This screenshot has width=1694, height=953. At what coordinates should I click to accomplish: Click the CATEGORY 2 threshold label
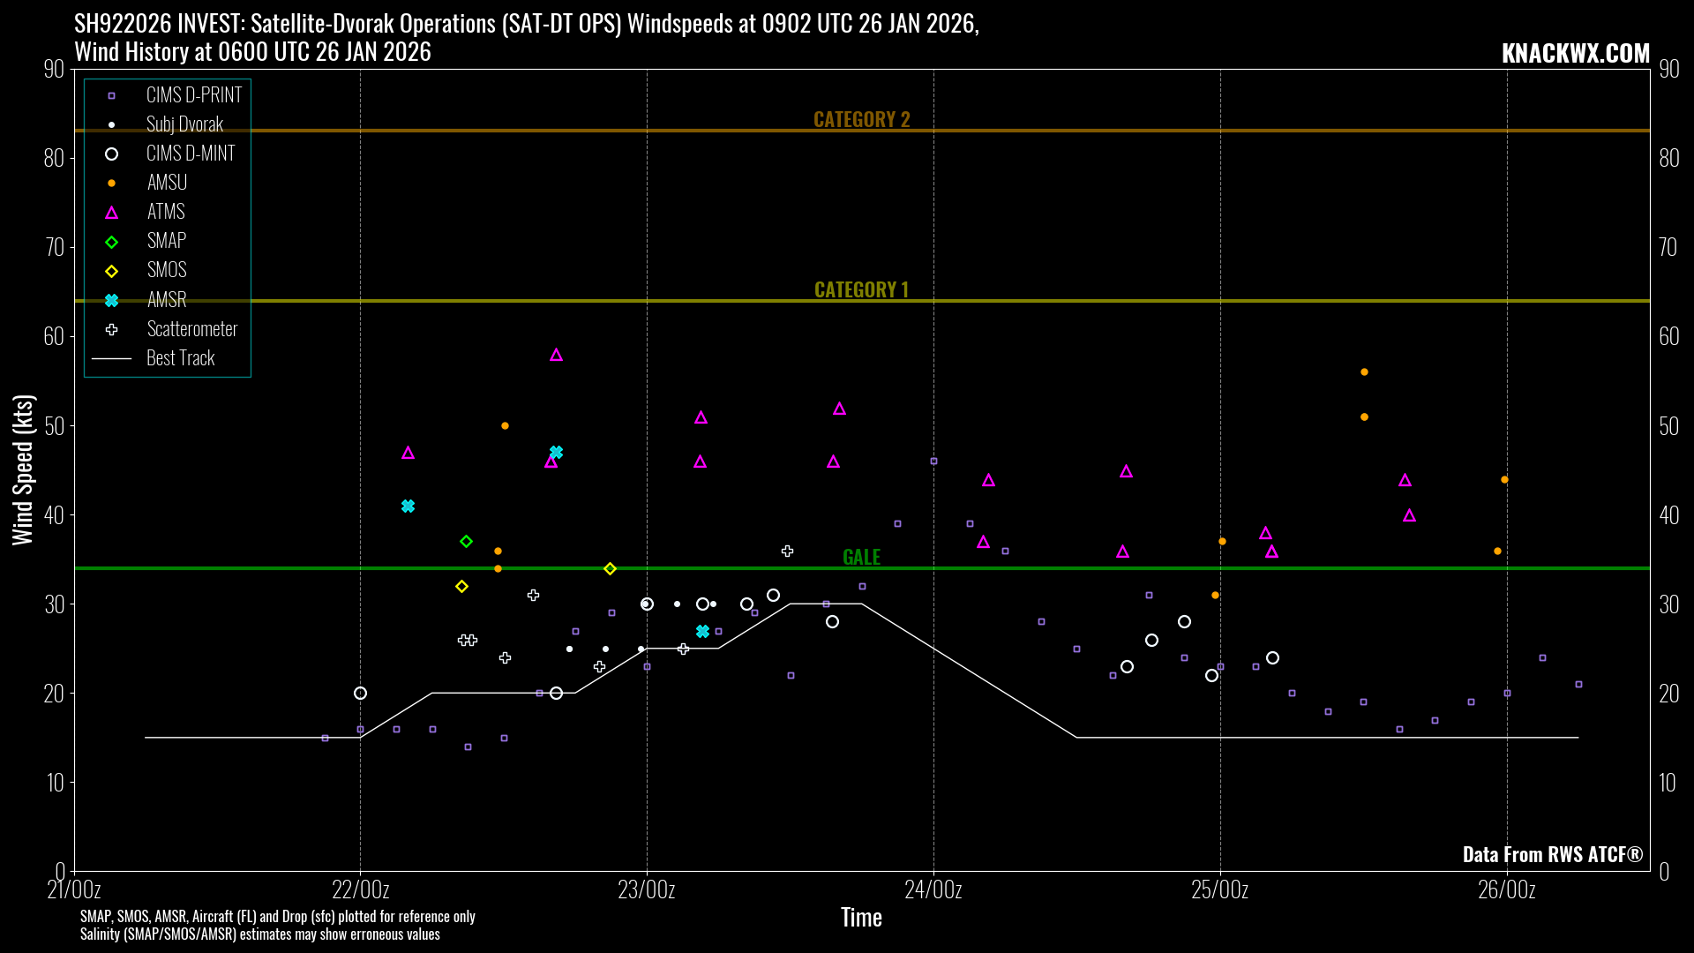point(861,119)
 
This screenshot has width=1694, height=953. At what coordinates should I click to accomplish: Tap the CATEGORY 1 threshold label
point(861,289)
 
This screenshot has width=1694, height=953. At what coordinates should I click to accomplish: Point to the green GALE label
point(861,557)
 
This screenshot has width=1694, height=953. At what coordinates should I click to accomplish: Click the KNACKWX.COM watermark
point(1575,53)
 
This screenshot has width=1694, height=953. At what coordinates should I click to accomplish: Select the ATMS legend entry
point(165,212)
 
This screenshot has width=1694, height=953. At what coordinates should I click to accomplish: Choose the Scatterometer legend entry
point(191,329)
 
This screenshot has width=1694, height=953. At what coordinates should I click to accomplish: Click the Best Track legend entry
point(180,358)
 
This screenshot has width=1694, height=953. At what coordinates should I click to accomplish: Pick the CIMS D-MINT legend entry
point(190,154)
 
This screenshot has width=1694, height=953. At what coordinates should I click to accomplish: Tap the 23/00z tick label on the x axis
point(647,889)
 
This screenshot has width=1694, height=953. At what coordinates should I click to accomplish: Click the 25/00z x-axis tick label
point(1219,889)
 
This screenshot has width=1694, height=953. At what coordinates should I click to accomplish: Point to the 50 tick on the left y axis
point(54,426)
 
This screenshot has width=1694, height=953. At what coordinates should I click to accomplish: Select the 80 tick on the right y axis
point(1668,158)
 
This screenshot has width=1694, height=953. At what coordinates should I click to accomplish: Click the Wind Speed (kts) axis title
point(23,469)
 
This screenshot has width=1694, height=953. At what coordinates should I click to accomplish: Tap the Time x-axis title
point(861,918)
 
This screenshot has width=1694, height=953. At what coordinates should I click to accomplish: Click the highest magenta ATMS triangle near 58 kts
point(556,355)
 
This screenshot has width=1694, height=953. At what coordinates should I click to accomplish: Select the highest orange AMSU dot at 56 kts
point(1364,372)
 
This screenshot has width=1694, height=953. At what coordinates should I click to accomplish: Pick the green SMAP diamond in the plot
point(466,542)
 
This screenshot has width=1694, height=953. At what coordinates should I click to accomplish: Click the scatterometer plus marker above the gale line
point(787,551)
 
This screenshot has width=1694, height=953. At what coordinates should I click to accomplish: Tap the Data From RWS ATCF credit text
point(1552,854)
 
